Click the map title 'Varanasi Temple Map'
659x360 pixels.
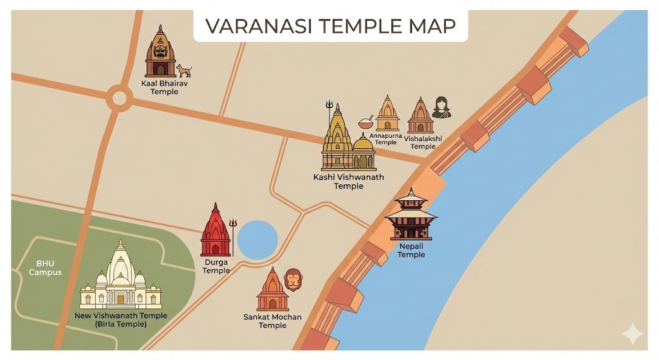pos(329,26)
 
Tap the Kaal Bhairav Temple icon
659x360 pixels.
pos(160,53)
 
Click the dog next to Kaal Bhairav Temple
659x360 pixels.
pos(184,70)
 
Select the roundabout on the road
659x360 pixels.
pos(119,99)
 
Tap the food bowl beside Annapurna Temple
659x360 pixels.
pos(366,122)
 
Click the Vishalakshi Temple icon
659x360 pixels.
pos(420,117)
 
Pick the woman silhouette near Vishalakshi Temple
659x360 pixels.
pos(441,108)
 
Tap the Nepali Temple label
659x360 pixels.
pos(411,251)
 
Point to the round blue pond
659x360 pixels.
pos(257,239)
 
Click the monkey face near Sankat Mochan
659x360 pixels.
pos(293,279)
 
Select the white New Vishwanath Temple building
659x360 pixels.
pos(120,277)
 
